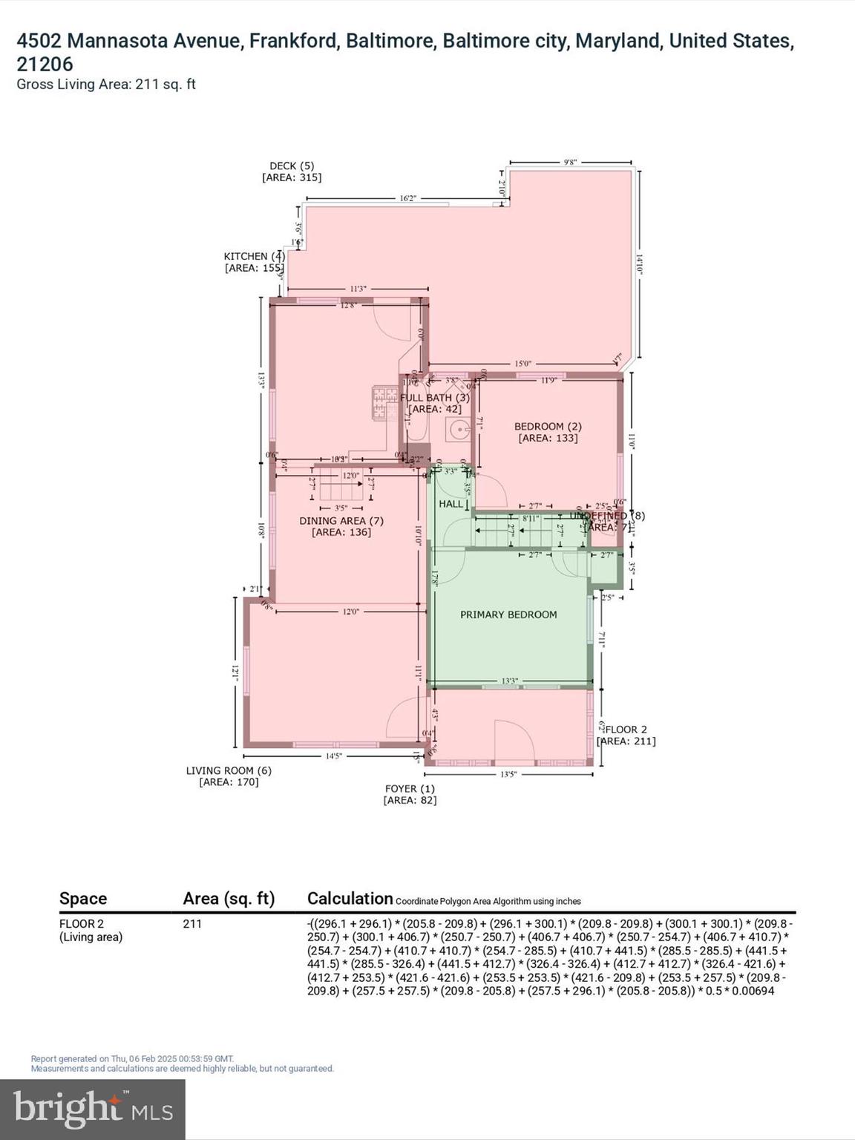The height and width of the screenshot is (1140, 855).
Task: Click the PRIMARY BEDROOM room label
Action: click(508, 615)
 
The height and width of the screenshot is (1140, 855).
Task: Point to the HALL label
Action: click(451, 504)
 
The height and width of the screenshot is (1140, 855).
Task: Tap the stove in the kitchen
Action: click(384, 403)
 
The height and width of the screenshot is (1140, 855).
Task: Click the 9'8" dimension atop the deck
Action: click(570, 161)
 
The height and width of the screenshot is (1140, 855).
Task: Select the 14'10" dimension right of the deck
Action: click(638, 266)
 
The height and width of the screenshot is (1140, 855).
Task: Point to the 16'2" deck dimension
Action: click(407, 198)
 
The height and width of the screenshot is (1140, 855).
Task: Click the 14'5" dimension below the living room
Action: click(334, 756)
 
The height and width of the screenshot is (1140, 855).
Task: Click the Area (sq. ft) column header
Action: click(229, 899)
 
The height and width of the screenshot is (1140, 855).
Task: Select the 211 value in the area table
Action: click(191, 924)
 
